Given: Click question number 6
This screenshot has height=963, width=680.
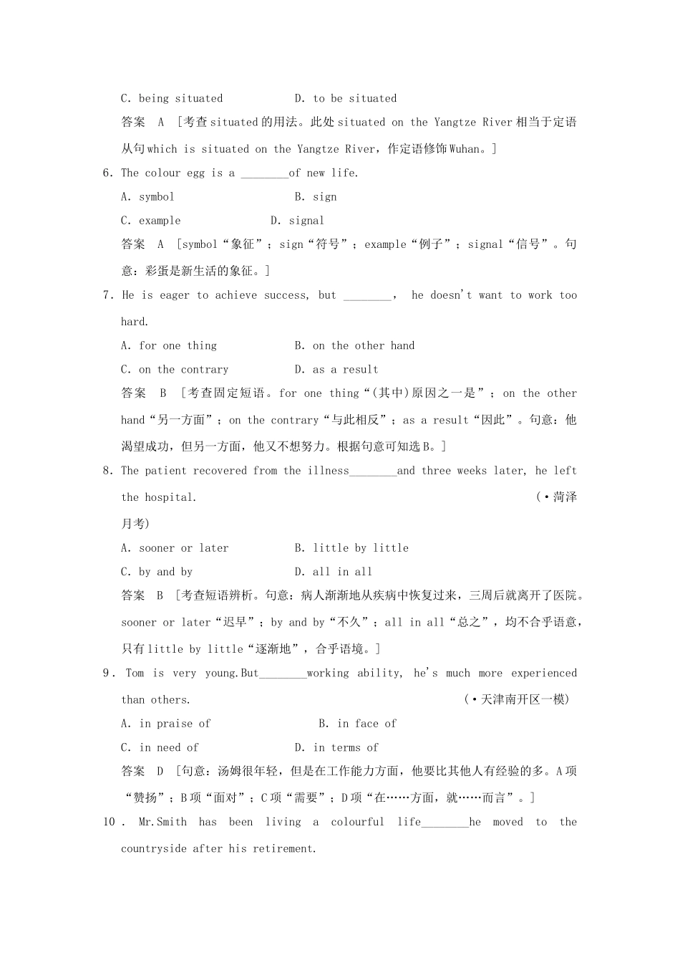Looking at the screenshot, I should (108, 173).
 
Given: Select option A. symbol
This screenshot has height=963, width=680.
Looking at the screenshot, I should (147, 197).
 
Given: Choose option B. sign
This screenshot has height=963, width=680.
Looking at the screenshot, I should (316, 197).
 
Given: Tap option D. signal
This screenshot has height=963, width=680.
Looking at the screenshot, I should (297, 221).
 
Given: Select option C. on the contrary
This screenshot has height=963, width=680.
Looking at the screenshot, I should (175, 370).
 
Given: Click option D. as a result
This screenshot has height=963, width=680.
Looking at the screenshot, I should (336, 370).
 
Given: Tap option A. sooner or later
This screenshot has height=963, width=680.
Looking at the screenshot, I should (175, 548).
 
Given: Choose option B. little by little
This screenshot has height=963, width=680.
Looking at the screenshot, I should (351, 548).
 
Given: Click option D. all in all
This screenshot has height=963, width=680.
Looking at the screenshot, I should (334, 572).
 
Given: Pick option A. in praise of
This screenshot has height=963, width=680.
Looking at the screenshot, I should (166, 724).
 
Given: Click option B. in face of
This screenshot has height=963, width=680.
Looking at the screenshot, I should (357, 724).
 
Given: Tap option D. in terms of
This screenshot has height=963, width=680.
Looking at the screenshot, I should (336, 747).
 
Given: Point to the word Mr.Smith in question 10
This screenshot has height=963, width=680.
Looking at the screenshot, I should (162, 822).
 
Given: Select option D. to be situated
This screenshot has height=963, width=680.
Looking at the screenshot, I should (346, 99).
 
